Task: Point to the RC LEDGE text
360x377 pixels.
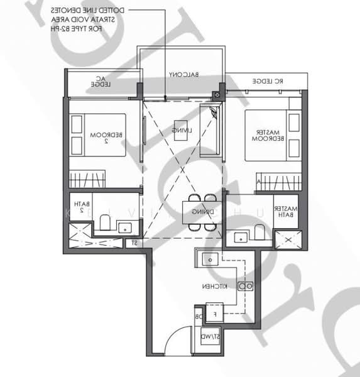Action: [268, 82]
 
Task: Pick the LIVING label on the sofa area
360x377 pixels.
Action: [183, 131]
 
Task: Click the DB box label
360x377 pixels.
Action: [198, 317]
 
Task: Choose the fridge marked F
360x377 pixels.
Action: [215, 312]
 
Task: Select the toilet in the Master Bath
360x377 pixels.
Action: [259, 232]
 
